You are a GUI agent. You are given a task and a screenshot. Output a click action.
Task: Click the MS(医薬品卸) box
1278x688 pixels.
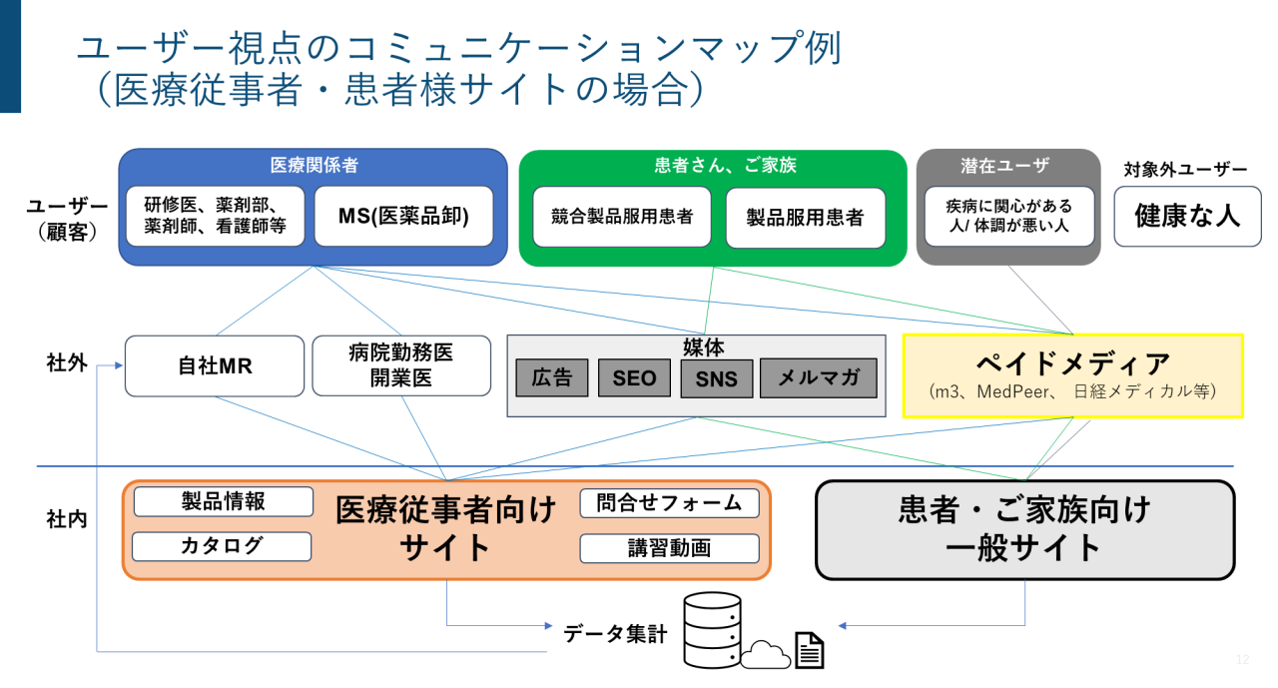[x=403, y=216]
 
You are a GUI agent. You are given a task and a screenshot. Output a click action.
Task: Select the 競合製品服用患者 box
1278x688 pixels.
[x=621, y=217]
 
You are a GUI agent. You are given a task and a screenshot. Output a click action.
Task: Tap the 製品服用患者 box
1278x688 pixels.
[x=805, y=217]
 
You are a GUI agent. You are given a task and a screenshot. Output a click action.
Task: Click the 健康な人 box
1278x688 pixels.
[x=1187, y=216]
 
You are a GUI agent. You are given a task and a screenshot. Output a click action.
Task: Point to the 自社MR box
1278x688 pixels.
[x=214, y=365]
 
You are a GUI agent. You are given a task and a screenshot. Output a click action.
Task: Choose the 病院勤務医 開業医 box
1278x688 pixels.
[x=401, y=365]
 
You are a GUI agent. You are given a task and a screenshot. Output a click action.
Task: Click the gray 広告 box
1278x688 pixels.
[x=551, y=377]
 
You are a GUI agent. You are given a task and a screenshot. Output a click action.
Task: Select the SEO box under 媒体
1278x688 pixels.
[x=634, y=377]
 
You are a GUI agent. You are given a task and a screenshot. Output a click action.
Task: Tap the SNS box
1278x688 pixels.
[x=716, y=378]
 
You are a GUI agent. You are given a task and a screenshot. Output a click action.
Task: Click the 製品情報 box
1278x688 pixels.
[x=223, y=501]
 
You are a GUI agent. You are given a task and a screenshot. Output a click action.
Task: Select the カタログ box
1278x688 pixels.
[x=222, y=546]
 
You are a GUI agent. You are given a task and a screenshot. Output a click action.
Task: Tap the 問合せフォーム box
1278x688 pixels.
[x=669, y=502]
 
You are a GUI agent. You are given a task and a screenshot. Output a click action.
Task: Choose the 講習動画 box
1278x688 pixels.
[x=669, y=548]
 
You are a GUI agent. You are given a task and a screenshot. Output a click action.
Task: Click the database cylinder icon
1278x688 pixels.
[x=712, y=629]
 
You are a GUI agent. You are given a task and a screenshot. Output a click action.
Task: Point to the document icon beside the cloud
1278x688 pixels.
[x=809, y=650]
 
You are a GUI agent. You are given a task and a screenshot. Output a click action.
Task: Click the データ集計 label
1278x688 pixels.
[x=614, y=633]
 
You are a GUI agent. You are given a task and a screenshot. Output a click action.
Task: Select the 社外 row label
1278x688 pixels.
[x=66, y=362]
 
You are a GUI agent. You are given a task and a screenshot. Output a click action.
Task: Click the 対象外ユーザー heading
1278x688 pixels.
[x=1186, y=170]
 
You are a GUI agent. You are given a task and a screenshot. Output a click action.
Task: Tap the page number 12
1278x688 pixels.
[x=1242, y=659]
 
